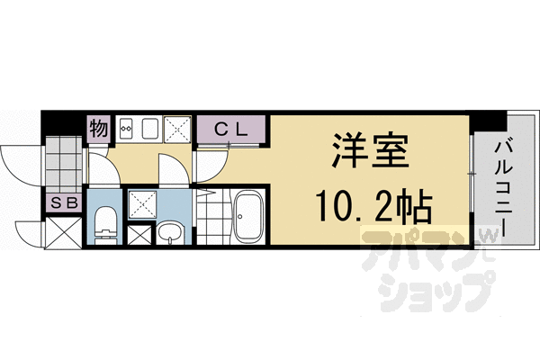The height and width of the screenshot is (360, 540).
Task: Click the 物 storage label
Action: [x=98, y=129]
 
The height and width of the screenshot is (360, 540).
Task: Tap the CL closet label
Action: [x=231, y=129]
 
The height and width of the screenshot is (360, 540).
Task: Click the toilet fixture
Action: [x=105, y=220]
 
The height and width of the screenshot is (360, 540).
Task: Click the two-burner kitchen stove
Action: [x=125, y=130]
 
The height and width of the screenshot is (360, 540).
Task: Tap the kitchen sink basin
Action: [x=149, y=130]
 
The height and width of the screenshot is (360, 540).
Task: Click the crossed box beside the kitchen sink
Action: [x=176, y=130]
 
